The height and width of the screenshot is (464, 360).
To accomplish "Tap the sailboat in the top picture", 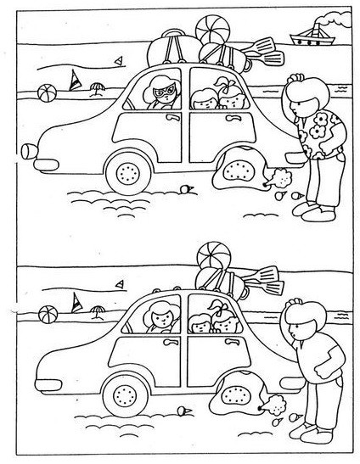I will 75,81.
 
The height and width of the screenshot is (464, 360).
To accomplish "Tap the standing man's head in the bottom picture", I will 301,323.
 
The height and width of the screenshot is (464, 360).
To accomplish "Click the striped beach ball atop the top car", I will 211,30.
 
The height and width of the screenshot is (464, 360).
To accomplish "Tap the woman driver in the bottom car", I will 160,320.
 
